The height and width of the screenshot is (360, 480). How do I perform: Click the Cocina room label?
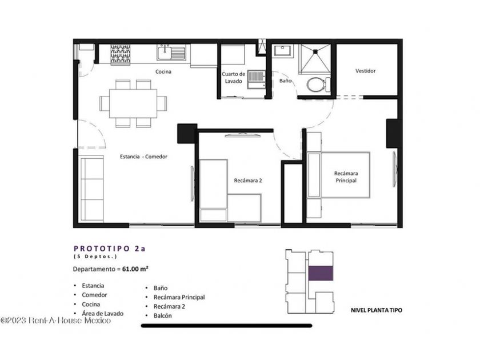coord(163,71)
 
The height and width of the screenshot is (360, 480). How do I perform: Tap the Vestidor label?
coord(366,71)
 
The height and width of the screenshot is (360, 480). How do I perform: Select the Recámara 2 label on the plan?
coord(248,181)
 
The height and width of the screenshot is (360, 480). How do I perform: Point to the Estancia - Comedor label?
coord(143,157)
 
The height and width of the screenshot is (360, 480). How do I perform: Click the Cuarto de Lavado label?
coord(234,78)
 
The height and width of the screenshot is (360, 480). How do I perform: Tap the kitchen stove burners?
coord(121,54)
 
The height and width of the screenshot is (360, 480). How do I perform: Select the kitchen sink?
coord(171,53)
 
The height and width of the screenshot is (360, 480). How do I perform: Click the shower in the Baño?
coord(315,59)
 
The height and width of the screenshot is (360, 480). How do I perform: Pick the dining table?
coord(133,103)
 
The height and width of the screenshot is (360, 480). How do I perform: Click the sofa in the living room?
coord(91,189)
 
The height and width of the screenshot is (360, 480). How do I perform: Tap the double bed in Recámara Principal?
coord(338,175)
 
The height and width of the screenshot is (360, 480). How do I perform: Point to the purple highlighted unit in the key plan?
coord(321,273)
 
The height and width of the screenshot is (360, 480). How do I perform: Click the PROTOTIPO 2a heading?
coord(110,249)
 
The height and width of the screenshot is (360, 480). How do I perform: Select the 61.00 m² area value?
coord(135,269)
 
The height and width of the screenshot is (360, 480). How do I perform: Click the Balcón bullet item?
coord(162,315)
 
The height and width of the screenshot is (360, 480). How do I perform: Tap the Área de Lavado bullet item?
coord(102,314)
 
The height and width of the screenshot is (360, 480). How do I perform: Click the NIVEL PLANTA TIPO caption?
coord(377,310)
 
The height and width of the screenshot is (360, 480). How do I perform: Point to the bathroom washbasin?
coord(283,50)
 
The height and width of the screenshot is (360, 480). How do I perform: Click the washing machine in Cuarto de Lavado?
coord(256,79)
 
